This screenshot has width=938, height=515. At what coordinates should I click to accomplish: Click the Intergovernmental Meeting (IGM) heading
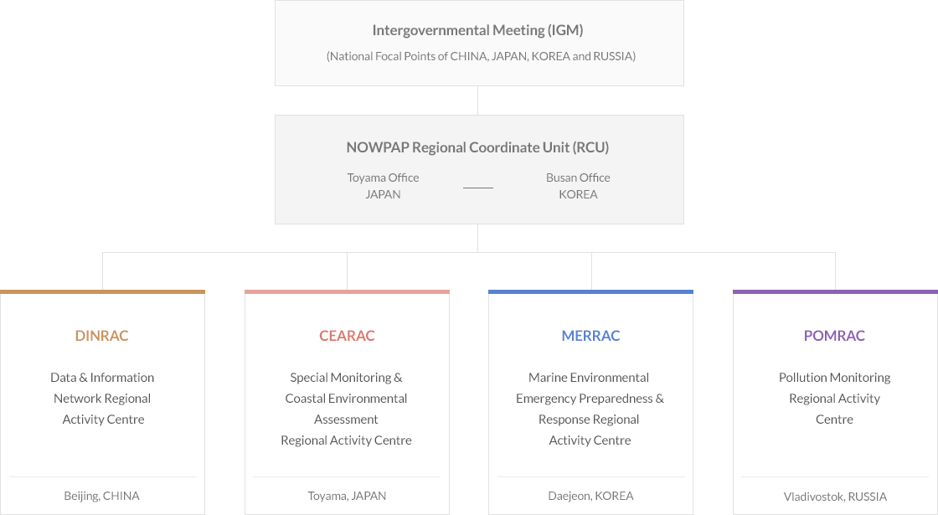pyautogui.click(x=477, y=30)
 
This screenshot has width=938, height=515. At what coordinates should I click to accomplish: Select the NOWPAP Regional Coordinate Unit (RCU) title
pyautogui.click(x=477, y=147)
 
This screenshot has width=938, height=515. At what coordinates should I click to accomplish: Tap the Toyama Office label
pyautogui.click(x=383, y=178)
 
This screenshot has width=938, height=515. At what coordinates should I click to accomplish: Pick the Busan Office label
pyautogui.click(x=578, y=178)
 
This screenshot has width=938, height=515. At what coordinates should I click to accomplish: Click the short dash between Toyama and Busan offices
pyautogui.click(x=478, y=188)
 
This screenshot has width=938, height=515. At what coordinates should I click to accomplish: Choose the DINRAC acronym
pyautogui.click(x=101, y=336)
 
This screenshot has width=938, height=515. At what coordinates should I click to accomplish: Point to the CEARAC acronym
pyautogui.click(x=347, y=336)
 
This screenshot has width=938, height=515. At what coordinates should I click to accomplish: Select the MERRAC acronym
pyautogui.click(x=590, y=336)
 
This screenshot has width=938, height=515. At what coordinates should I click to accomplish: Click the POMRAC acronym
pyautogui.click(x=834, y=336)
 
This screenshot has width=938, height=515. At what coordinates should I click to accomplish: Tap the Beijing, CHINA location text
pyautogui.click(x=101, y=496)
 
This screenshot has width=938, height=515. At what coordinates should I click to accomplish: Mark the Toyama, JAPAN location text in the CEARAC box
pyautogui.click(x=347, y=496)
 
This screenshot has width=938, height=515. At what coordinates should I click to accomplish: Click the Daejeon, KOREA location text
pyautogui.click(x=590, y=496)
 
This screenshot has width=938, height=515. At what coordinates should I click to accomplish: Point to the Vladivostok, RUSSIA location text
pyautogui.click(x=835, y=497)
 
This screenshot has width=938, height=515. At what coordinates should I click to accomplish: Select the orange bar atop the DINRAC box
pyautogui.click(x=102, y=292)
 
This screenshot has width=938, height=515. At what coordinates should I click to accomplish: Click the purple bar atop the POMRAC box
pyautogui.click(x=835, y=292)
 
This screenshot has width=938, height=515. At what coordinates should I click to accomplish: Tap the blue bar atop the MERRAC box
pyautogui.click(x=590, y=292)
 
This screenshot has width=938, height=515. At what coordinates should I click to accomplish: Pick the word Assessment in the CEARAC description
pyautogui.click(x=346, y=420)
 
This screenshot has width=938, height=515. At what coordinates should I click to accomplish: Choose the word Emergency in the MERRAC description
pyautogui.click(x=544, y=399)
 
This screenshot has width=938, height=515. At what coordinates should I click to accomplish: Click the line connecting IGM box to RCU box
pyautogui.click(x=478, y=100)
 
